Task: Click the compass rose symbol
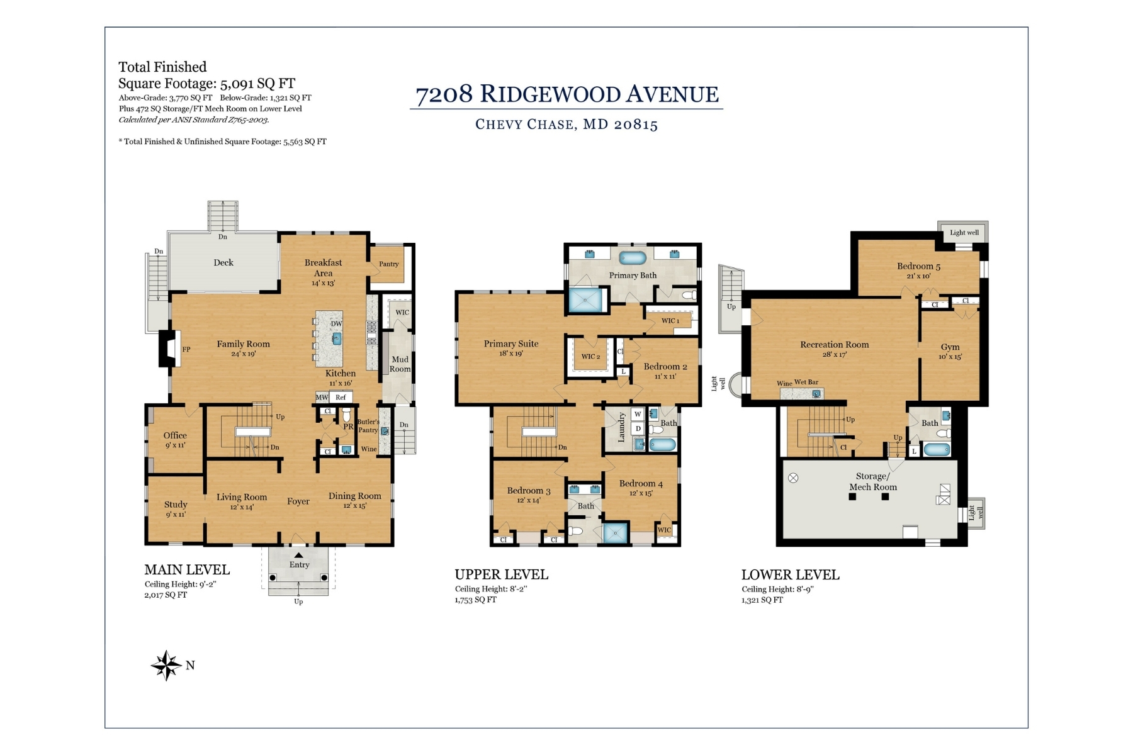166,665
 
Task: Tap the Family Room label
243,344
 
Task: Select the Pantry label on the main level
389,264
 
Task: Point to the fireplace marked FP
170,349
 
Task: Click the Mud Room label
400,364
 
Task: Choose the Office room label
175,435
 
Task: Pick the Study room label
176,505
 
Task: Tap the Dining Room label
355,496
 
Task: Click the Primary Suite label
511,344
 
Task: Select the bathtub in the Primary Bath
633,257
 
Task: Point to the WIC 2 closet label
590,357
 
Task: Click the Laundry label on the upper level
621,427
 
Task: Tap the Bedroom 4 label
641,484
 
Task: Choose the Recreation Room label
835,345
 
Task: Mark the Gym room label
950,347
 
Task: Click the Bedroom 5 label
919,266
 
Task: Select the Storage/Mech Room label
873,481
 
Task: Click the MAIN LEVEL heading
187,570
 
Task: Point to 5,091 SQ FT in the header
257,84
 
